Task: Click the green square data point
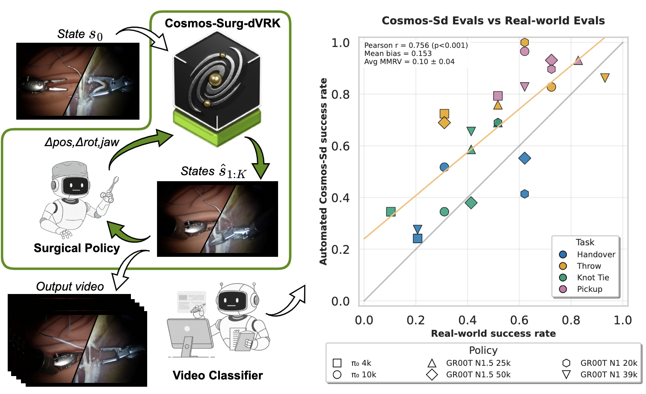click(x=391, y=212)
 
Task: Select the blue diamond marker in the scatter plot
click(x=525, y=159)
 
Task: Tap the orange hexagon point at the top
click(x=525, y=42)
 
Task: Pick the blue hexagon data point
click(x=525, y=194)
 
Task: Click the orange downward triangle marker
click(x=605, y=78)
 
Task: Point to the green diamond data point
click(x=471, y=203)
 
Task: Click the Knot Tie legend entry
click(x=593, y=277)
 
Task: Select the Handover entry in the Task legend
click(x=596, y=254)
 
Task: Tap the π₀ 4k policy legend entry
click(x=361, y=363)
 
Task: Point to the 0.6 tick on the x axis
click(x=519, y=320)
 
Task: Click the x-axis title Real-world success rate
click(x=493, y=333)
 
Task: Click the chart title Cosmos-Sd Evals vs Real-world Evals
click(x=493, y=21)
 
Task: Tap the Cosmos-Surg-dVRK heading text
click(x=222, y=23)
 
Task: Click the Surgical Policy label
click(x=77, y=248)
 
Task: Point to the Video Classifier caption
click(x=218, y=375)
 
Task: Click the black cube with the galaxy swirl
click(x=217, y=81)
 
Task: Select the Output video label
click(x=70, y=286)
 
